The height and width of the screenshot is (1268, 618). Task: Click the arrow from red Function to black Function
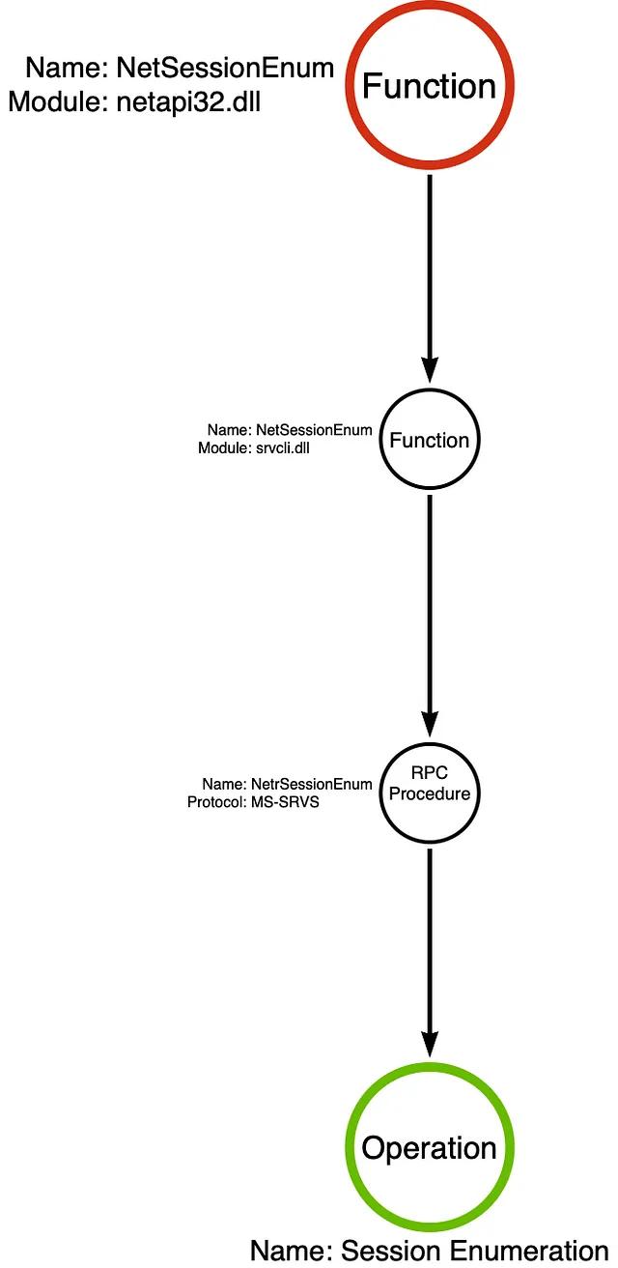(430, 278)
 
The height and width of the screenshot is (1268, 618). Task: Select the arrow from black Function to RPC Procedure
(430, 616)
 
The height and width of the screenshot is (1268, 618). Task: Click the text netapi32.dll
(188, 102)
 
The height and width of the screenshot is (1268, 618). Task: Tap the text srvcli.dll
(283, 448)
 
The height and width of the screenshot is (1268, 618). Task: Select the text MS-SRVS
(285, 802)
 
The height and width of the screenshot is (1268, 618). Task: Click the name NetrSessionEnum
(312, 784)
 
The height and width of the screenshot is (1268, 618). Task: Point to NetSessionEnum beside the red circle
(225, 68)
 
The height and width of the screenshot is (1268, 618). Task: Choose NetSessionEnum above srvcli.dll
(315, 430)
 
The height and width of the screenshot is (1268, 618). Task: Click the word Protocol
(215, 802)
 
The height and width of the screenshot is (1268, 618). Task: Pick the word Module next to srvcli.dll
(223, 448)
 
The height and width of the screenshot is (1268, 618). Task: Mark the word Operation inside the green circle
(429, 1147)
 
